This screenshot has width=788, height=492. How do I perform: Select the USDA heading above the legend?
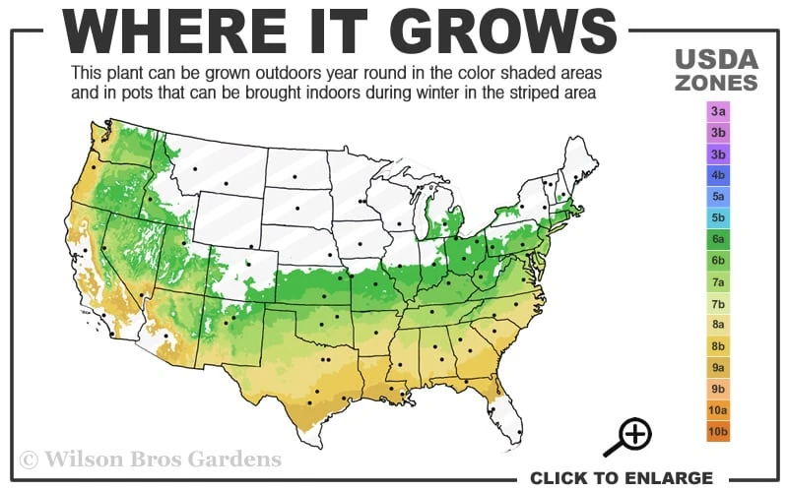click(717, 59)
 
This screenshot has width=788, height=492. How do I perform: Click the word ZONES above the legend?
click(717, 83)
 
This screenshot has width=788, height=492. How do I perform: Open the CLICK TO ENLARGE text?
click(621, 478)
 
